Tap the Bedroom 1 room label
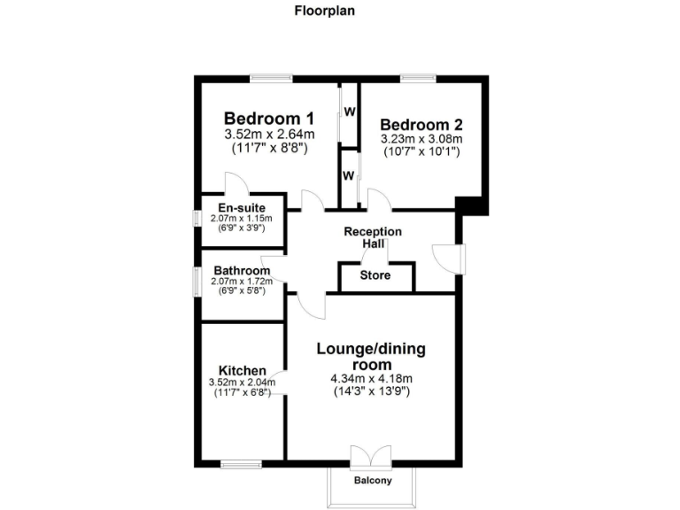(269, 118)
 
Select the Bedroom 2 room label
(421, 125)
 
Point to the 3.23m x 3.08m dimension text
(421, 140)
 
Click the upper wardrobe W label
(350, 112)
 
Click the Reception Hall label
(373, 237)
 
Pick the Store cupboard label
(375, 275)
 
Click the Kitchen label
(242, 370)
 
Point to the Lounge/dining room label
(371, 357)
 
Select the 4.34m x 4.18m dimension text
(371, 378)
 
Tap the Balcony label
(372, 481)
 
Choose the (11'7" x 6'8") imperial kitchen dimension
(242, 392)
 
